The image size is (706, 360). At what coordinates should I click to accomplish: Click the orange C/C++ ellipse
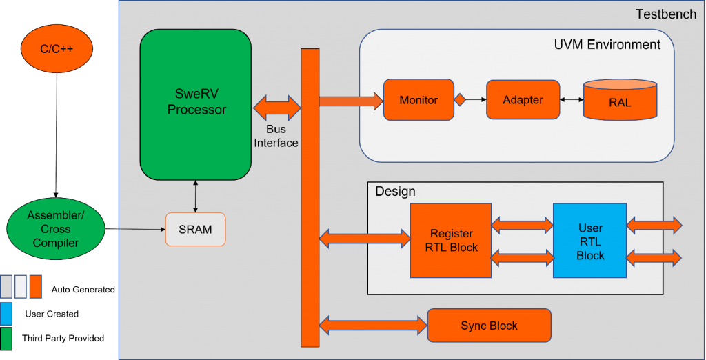click(x=57, y=49)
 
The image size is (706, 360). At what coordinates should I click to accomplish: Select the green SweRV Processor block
click(x=196, y=103)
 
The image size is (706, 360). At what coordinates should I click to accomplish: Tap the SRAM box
click(x=196, y=229)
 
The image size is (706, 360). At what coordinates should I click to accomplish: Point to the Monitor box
click(x=418, y=100)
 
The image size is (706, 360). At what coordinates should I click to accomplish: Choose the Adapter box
click(x=523, y=100)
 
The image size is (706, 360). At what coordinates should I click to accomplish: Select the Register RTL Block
click(x=451, y=241)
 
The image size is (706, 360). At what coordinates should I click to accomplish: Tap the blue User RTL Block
click(x=589, y=241)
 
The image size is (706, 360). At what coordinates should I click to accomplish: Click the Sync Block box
click(x=489, y=326)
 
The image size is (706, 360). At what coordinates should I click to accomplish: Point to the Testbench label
click(x=665, y=14)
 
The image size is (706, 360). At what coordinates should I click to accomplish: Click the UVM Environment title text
click(x=607, y=45)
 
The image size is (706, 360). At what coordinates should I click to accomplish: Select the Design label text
click(x=395, y=191)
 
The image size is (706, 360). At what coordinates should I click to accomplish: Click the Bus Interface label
click(x=276, y=137)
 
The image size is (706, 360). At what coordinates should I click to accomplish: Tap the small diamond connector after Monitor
click(x=460, y=100)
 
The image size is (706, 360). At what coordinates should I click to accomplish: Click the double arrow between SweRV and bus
click(x=277, y=108)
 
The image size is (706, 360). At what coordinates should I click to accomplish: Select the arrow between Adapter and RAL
click(x=572, y=100)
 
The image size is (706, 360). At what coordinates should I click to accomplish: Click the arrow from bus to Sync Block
click(x=373, y=324)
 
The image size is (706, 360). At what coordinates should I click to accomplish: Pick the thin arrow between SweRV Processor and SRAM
click(x=196, y=196)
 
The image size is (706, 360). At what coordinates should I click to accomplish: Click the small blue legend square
click(x=6, y=313)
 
